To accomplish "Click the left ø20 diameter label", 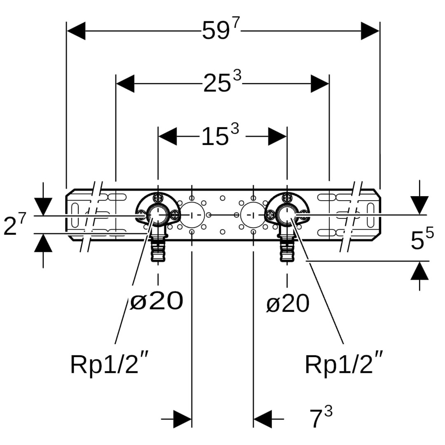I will pyautogui.click(x=157, y=301).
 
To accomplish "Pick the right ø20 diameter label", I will pyautogui.click(x=288, y=304).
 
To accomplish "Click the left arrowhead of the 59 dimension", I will pyautogui.click(x=76, y=31).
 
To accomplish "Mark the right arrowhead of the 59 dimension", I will pyautogui.click(x=370, y=31).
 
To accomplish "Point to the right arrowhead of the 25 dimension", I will pyautogui.click(x=320, y=84).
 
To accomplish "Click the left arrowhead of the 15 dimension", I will pyautogui.click(x=167, y=136).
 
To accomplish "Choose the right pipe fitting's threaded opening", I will pyautogui.click(x=286, y=214).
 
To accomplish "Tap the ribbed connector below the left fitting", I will pyautogui.click(x=157, y=249).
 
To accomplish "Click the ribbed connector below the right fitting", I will pyautogui.click(x=287, y=249).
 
